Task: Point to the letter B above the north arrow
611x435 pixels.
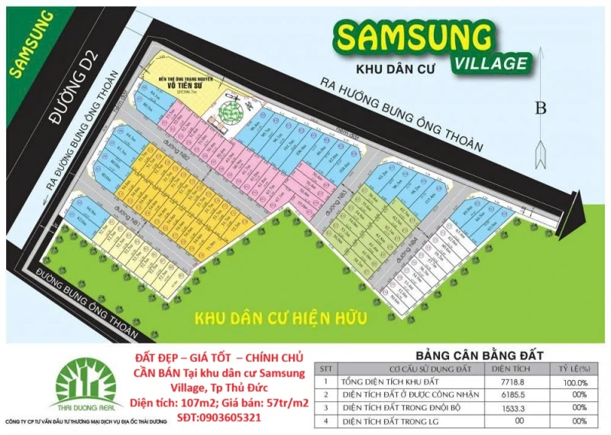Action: pyautogui.click(x=541, y=109)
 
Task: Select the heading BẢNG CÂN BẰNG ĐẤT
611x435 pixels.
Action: pyautogui.click(x=479, y=355)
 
